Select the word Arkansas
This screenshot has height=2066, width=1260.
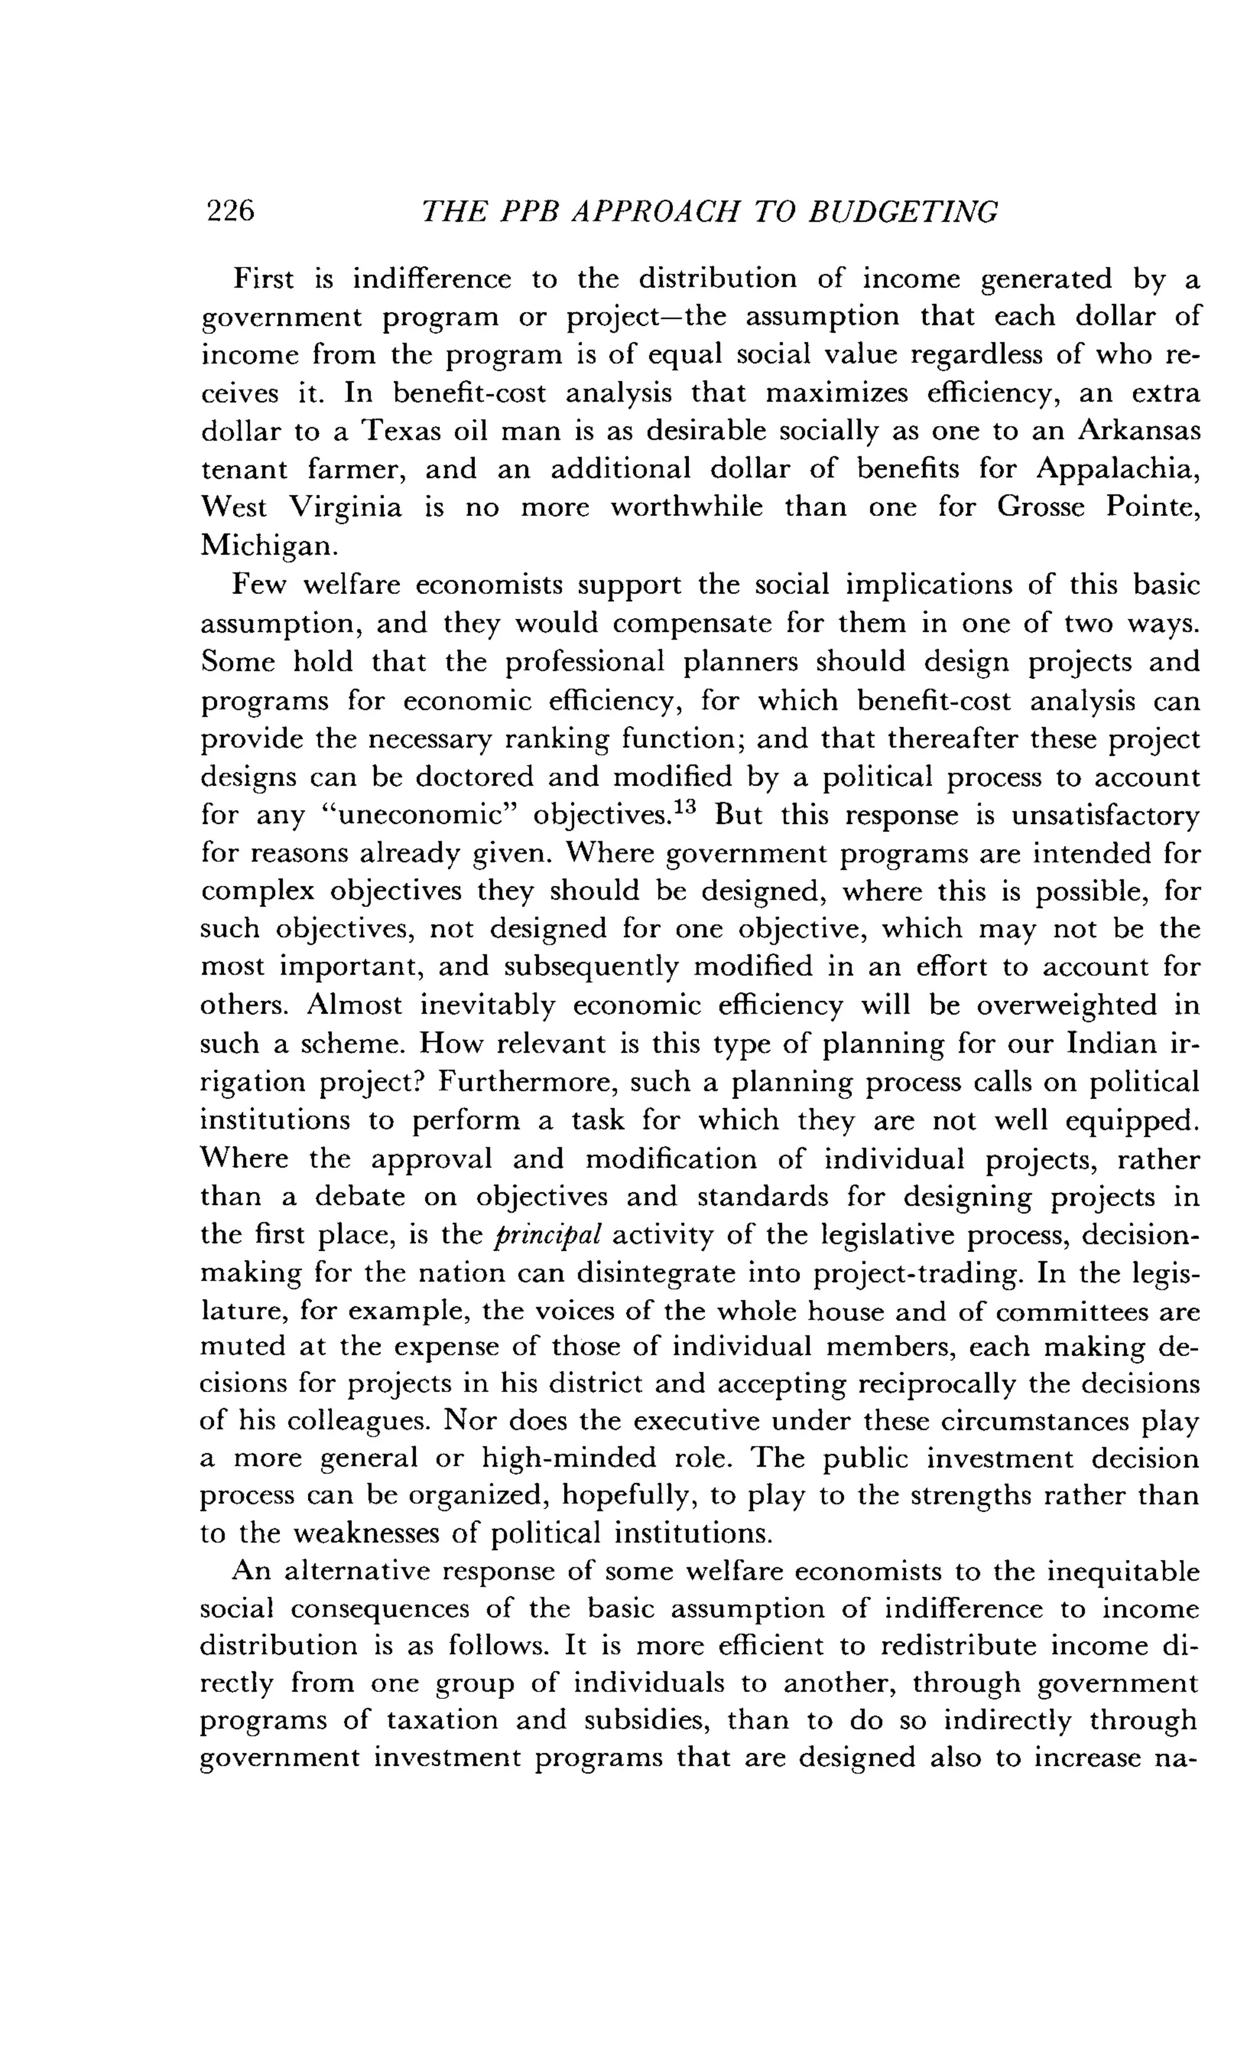(x=1138, y=432)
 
